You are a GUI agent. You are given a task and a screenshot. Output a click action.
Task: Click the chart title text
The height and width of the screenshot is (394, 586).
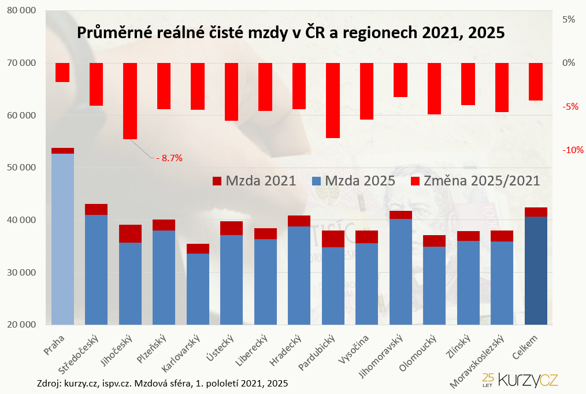[x=291, y=32]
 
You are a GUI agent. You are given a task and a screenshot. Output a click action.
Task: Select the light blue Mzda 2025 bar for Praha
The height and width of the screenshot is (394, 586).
[x=62, y=238]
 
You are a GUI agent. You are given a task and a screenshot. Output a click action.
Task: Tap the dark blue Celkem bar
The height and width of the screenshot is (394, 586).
[x=536, y=270]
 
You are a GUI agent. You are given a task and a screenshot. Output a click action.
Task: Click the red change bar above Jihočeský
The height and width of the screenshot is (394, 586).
[x=130, y=101]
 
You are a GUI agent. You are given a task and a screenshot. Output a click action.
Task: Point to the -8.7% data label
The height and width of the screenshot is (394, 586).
[x=169, y=158]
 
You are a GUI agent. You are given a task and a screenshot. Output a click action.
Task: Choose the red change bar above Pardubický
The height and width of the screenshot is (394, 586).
[x=333, y=100]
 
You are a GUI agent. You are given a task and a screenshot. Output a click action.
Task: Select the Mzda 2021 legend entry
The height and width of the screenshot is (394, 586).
[x=254, y=180]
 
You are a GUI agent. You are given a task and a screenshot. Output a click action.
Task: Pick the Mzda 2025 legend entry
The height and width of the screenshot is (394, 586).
[x=353, y=180]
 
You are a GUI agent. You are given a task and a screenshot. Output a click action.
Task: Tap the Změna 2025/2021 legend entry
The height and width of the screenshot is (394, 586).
[x=474, y=180]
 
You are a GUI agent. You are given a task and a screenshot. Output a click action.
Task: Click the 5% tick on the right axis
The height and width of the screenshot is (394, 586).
[x=568, y=19]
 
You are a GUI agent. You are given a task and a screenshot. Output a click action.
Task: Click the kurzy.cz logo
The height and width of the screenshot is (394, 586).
[x=520, y=379]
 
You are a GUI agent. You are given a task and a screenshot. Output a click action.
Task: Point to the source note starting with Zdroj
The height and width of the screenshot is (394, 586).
[x=162, y=383]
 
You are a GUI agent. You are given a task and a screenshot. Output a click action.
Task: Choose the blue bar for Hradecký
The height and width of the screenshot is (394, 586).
[x=299, y=275]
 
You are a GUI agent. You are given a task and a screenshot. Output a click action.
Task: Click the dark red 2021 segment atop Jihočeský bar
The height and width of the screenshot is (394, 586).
[x=130, y=233]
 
